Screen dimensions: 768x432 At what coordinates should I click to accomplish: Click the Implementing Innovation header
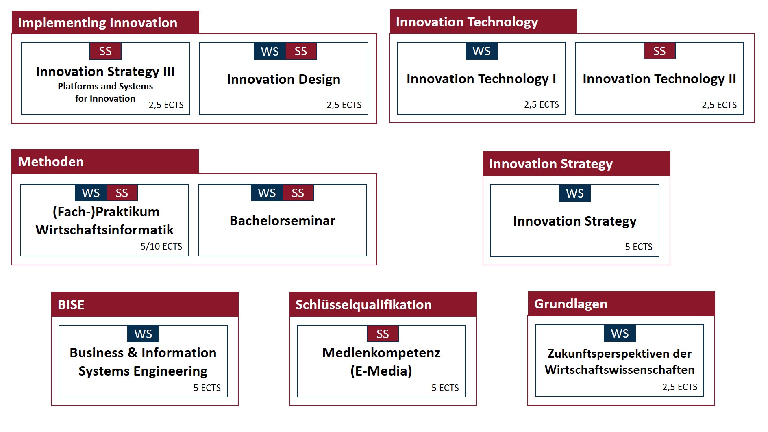(98, 23)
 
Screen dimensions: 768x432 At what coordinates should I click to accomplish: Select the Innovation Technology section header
(467, 22)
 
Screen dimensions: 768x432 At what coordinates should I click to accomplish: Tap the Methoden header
(51, 162)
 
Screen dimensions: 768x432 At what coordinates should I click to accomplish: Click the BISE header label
(71, 305)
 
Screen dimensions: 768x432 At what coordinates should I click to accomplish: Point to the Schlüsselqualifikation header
(363, 305)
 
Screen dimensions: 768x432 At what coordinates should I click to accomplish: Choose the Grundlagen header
(571, 304)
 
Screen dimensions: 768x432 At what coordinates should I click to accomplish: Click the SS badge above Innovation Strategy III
(105, 51)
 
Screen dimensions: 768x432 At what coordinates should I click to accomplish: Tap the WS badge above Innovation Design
(270, 51)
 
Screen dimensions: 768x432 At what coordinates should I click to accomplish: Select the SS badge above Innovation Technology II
(659, 51)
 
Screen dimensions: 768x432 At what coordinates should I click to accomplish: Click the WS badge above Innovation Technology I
(481, 51)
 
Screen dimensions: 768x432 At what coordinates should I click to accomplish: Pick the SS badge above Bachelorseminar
(298, 193)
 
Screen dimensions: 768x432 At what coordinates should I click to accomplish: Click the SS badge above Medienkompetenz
(383, 334)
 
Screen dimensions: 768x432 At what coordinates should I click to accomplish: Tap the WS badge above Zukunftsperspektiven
(620, 334)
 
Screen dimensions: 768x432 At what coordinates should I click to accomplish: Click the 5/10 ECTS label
(161, 246)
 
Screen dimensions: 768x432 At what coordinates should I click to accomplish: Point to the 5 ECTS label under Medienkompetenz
(445, 388)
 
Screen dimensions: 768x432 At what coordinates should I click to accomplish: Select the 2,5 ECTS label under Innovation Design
(344, 105)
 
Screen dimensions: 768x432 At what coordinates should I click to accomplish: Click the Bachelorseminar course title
(283, 221)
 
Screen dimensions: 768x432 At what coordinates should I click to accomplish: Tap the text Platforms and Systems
(105, 86)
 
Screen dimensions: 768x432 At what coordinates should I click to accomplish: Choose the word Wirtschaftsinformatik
(104, 230)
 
